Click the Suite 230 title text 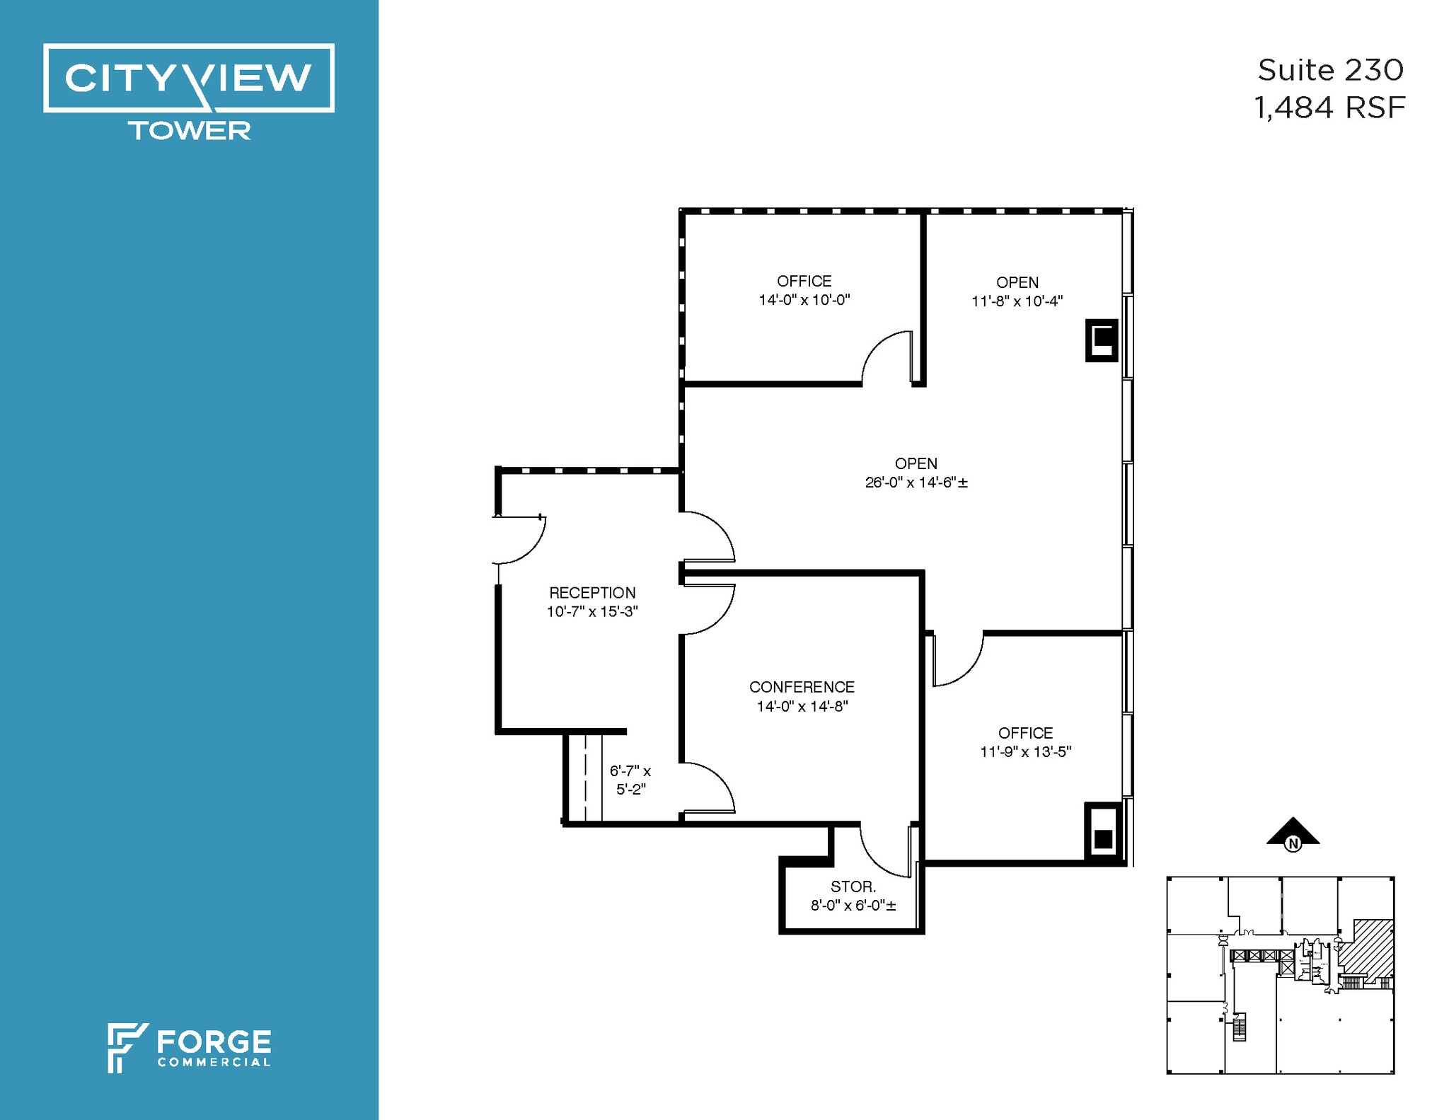pyautogui.click(x=1329, y=70)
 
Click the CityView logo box pyautogui.click(x=188, y=78)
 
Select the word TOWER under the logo pyautogui.click(x=189, y=131)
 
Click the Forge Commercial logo pyautogui.click(x=190, y=1047)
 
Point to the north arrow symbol pyautogui.click(x=1293, y=832)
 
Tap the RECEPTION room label pyautogui.click(x=592, y=593)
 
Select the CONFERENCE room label pyautogui.click(x=802, y=687)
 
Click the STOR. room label pyautogui.click(x=853, y=887)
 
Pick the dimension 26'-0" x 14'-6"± pyautogui.click(x=916, y=483)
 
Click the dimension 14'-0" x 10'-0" pyautogui.click(x=804, y=300)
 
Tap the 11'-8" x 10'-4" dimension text pyautogui.click(x=1017, y=301)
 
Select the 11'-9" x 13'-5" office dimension pyautogui.click(x=1025, y=752)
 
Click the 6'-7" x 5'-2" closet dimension pyautogui.click(x=630, y=780)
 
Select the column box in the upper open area pyautogui.click(x=1102, y=340)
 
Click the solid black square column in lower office pyautogui.click(x=1103, y=839)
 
